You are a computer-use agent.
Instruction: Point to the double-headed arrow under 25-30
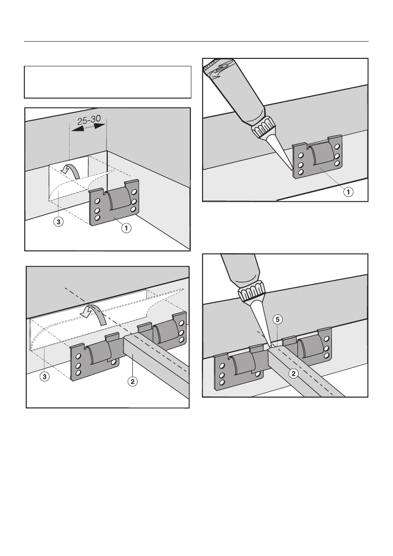click(88, 131)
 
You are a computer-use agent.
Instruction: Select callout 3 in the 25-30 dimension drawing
click(56, 223)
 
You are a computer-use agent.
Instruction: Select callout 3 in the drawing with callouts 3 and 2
click(44, 375)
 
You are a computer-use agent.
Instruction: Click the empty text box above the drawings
click(108, 82)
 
